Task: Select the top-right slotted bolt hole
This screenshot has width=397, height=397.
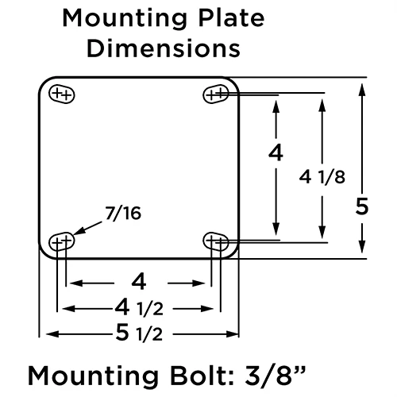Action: coord(217,94)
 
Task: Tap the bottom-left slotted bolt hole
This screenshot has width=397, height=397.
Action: coord(61,239)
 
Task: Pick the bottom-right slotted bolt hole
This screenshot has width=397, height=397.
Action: coord(217,239)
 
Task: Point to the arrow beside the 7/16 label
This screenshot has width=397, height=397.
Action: coord(88,226)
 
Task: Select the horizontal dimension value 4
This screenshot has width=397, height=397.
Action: coord(138,281)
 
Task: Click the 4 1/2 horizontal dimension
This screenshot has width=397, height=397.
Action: coord(138,307)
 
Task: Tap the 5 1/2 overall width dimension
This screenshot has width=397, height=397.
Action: coord(138,333)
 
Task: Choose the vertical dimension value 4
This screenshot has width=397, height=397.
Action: coord(276,153)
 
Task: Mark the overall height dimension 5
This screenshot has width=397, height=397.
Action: coord(362,207)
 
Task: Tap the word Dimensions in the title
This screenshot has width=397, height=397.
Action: coord(164,48)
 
